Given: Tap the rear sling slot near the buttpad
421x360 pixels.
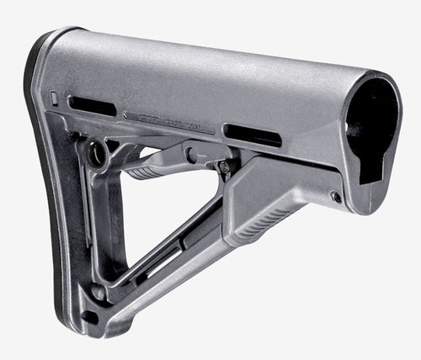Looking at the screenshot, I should click(92, 106).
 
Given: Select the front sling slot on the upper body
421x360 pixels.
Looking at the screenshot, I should click(253, 135).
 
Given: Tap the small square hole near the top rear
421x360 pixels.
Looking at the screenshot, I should click(55, 98).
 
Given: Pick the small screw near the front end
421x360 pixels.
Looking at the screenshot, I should click(336, 197).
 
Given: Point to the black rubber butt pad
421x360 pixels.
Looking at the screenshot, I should click(38, 168).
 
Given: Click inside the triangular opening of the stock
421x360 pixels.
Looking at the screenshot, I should click(156, 219).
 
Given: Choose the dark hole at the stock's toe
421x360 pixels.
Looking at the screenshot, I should click(90, 316).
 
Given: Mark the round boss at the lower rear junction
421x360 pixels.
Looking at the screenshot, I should click(99, 293).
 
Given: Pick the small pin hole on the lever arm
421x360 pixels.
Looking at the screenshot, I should click(193, 155).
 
